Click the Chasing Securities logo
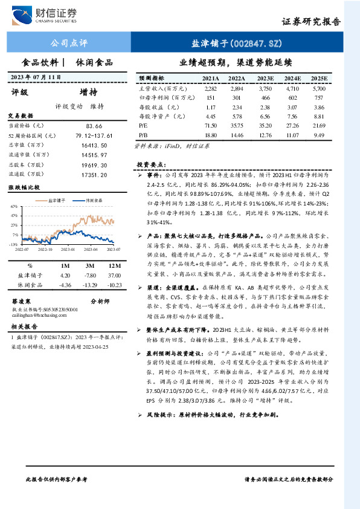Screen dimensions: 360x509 click(x=51, y=15)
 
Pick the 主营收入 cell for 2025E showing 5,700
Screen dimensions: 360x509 click(x=319, y=88)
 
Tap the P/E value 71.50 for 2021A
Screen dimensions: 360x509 click(x=210, y=124)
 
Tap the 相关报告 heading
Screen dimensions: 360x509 click(x=25, y=326)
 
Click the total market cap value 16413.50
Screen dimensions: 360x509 click(x=85, y=145)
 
